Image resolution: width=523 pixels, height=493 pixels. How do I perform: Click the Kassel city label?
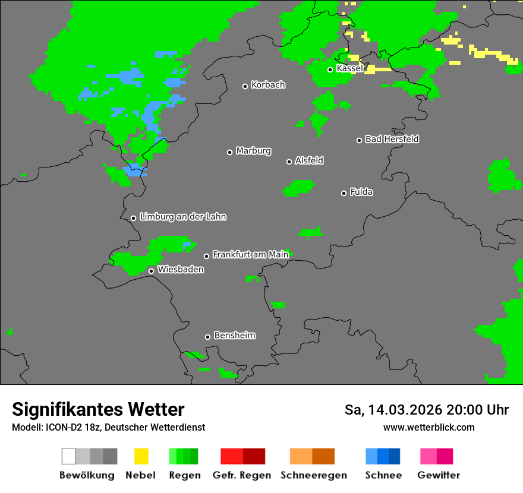tap(349, 68)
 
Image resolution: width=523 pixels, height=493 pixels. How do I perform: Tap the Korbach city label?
tap(268, 85)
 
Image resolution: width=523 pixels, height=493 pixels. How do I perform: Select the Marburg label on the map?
tap(253, 151)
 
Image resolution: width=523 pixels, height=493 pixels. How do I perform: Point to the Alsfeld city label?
tap(309, 160)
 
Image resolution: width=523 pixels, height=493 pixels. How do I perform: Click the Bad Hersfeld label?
tap(392, 139)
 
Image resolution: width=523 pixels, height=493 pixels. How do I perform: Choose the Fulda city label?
tap(361, 192)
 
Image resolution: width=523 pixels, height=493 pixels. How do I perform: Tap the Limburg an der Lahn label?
tap(182, 217)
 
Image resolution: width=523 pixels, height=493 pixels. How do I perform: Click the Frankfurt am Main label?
tap(250, 255)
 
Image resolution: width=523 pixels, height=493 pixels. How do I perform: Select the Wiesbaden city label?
tap(180, 270)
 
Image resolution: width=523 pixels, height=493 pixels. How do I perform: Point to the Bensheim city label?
tap(234, 336)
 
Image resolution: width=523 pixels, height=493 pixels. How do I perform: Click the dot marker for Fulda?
tap(344, 193)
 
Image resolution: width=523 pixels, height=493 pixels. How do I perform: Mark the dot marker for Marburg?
tap(229, 152)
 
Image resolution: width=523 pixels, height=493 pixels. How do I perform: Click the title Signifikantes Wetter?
tap(98, 409)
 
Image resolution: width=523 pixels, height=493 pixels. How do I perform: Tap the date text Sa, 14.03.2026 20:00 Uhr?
tap(427, 410)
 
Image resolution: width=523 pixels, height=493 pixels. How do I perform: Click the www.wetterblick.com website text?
tap(429, 427)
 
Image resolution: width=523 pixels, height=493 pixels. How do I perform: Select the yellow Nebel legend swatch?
tap(141, 456)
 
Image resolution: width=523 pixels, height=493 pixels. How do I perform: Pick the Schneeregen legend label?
tap(313, 475)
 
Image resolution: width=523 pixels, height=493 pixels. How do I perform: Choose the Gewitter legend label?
tap(438, 475)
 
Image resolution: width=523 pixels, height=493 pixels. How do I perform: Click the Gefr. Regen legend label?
tap(241, 475)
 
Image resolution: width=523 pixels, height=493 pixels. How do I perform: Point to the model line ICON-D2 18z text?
tap(108, 428)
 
